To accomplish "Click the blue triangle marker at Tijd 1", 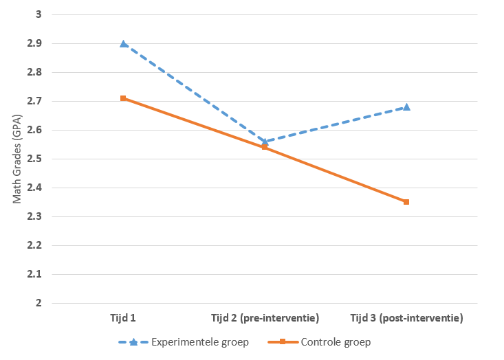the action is coord(124,44).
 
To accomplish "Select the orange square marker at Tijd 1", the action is coord(123,98).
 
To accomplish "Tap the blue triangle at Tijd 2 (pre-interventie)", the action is coord(265,142).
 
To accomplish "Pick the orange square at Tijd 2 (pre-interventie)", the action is coord(265,147).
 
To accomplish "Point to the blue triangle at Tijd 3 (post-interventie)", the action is coord(406,107).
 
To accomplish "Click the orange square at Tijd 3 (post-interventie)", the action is coord(406,202).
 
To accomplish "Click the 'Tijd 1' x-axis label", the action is coord(123,318).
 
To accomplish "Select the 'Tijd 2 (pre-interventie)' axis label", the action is coord(265,318).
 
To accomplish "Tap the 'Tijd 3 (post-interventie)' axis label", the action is coord(406,318).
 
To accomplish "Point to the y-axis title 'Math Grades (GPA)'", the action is coord(17,159).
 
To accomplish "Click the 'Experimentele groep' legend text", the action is coord(200,342).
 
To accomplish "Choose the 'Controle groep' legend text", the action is coord(336,342).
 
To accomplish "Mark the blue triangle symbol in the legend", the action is coord(133,342).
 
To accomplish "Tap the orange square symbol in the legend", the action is coord(283,341).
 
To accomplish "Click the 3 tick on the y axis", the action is coord(39,14).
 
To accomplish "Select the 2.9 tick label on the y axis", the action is coord(34,43).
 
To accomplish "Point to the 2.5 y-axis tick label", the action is coord(34,159).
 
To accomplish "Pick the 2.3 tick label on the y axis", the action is coord(34,216).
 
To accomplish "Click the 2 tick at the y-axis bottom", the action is coord(39,303).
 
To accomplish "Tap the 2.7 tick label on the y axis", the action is coord(34,101).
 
